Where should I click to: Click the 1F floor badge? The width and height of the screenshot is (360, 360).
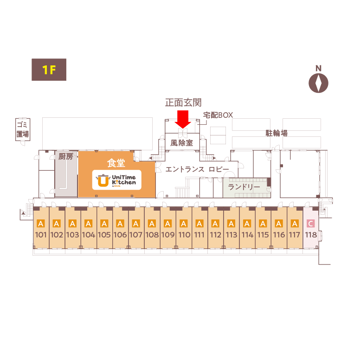(x=49, y=70)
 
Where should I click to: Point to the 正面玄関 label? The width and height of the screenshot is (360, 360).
(x=183, y=103)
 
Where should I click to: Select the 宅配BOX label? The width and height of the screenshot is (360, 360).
(x=218, y=115)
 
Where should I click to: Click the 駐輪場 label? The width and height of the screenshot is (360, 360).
(x=276, y=133)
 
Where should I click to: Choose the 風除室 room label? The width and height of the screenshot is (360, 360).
(x=181, y=143)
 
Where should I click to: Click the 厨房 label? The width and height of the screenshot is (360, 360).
(x=66, y=157)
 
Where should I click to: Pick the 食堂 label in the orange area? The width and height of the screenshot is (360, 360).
(x=116, y=163)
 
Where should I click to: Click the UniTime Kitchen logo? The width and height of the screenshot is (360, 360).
(x=116, y=180)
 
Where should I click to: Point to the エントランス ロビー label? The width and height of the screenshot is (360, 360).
(x=197, y=169)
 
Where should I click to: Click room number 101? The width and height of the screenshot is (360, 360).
(x=41, y=235)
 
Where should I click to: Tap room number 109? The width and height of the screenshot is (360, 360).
(x=167, y=235)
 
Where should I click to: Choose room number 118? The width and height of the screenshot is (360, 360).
(x=310, y=235)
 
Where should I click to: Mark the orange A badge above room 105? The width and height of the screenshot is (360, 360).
(x=104, y=224)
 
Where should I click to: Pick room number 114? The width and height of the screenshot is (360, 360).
(x=247, y=235)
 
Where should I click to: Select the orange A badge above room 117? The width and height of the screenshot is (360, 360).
(x=295, y=224)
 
